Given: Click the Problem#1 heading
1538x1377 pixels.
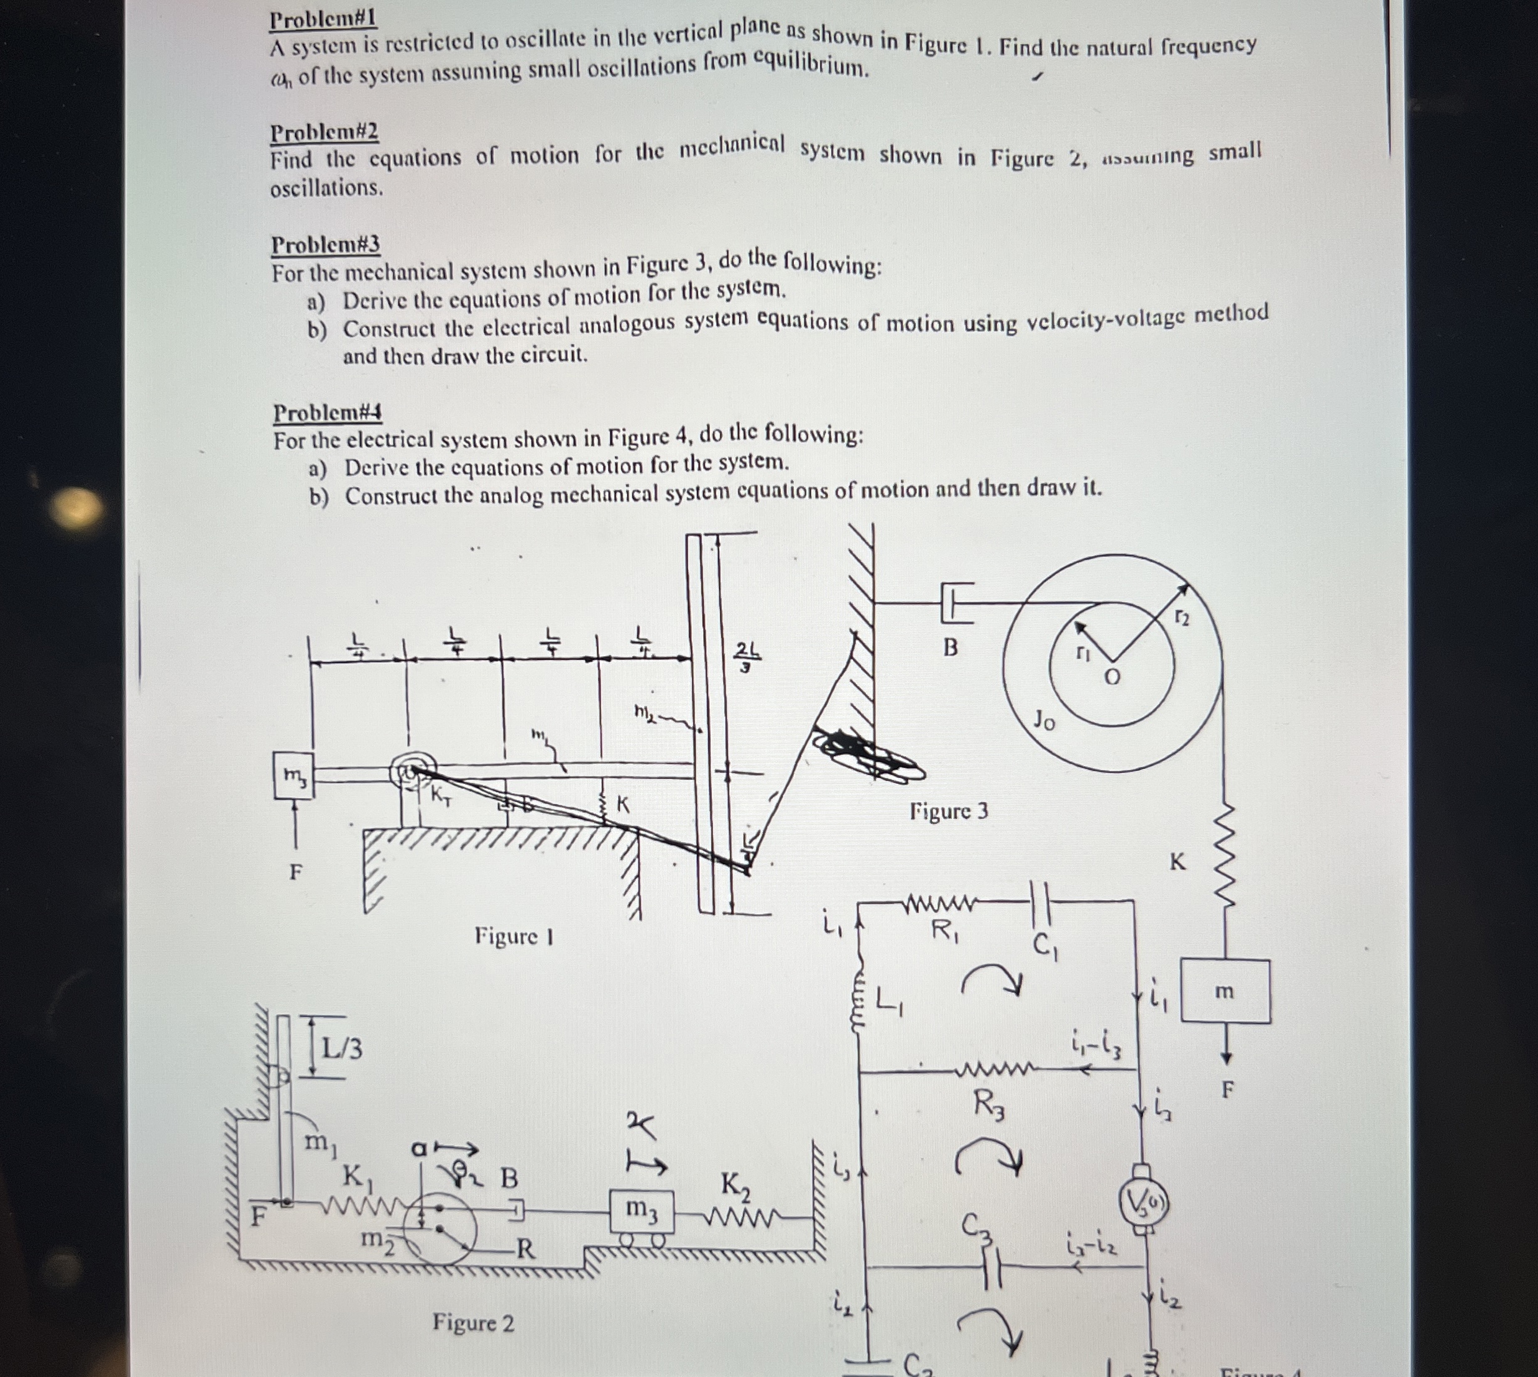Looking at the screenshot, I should (323, 19).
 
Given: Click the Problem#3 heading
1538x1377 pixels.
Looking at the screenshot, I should (326, 244).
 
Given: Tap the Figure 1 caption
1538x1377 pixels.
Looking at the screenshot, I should (514, 936).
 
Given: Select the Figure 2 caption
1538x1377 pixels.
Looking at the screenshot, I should (473, 1322).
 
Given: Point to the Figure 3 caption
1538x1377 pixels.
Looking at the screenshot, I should (949, 811).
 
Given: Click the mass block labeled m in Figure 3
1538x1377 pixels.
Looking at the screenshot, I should (1225, 991).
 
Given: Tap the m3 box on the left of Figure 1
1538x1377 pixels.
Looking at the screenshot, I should (293, 775).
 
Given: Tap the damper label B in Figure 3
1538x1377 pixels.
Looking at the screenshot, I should (951, 647).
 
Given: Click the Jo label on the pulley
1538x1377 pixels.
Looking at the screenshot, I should (1044, 721).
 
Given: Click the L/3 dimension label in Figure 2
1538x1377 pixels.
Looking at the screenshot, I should (342, 1049).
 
